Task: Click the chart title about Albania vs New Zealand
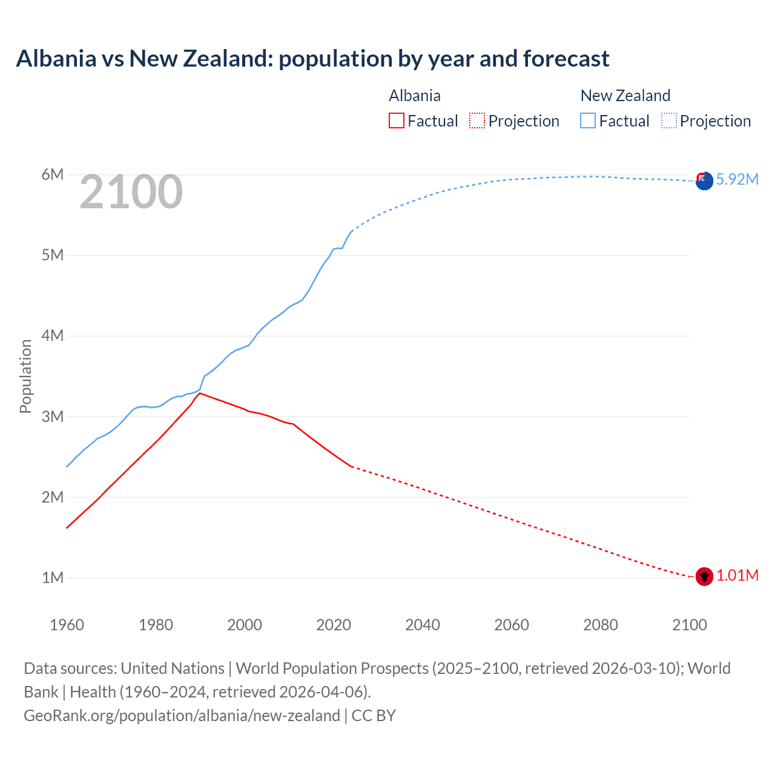point(312,59)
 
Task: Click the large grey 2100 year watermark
point(131,192)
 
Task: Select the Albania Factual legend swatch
point(396,120)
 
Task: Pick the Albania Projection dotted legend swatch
point(477,120)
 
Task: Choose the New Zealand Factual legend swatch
point(588,120)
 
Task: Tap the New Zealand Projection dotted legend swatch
point(669,120)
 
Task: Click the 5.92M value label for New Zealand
point(737,179)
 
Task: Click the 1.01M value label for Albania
point(737,575)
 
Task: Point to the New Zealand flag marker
point(704,180)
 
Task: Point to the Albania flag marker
point(704,576)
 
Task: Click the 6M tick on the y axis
point(53,175)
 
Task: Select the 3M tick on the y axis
point(53,417)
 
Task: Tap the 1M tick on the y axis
point(53,578)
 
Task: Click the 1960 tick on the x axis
point(67,625)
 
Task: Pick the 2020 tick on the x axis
point(334,625)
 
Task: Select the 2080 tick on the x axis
point(601,625)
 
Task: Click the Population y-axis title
point(25,376)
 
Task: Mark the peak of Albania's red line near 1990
point(200,393)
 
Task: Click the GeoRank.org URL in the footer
point(182,716)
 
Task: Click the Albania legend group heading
point(415,96)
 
